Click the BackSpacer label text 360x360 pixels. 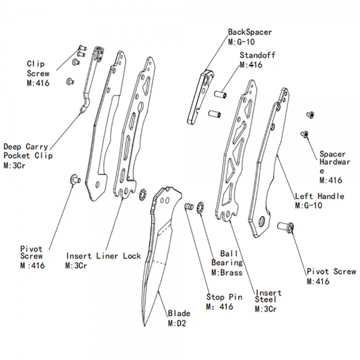250,32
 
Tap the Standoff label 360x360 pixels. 257,55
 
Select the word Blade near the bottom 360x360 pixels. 179,313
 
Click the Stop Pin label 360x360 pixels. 224,297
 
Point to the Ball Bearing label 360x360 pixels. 227,258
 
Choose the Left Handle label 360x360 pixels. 320,196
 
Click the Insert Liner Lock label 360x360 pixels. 104,256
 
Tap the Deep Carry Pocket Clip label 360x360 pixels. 28,151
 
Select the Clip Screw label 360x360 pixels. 38,68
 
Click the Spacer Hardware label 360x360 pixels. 335,163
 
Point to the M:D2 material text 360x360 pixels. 177,323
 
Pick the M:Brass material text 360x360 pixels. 227,272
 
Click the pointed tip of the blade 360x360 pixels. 145,325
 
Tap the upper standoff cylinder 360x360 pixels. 220,94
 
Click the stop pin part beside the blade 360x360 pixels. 189,206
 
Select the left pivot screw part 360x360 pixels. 75,179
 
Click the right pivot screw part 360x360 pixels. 286,227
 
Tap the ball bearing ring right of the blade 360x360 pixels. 200,208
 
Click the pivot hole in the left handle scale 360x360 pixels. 261,221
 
